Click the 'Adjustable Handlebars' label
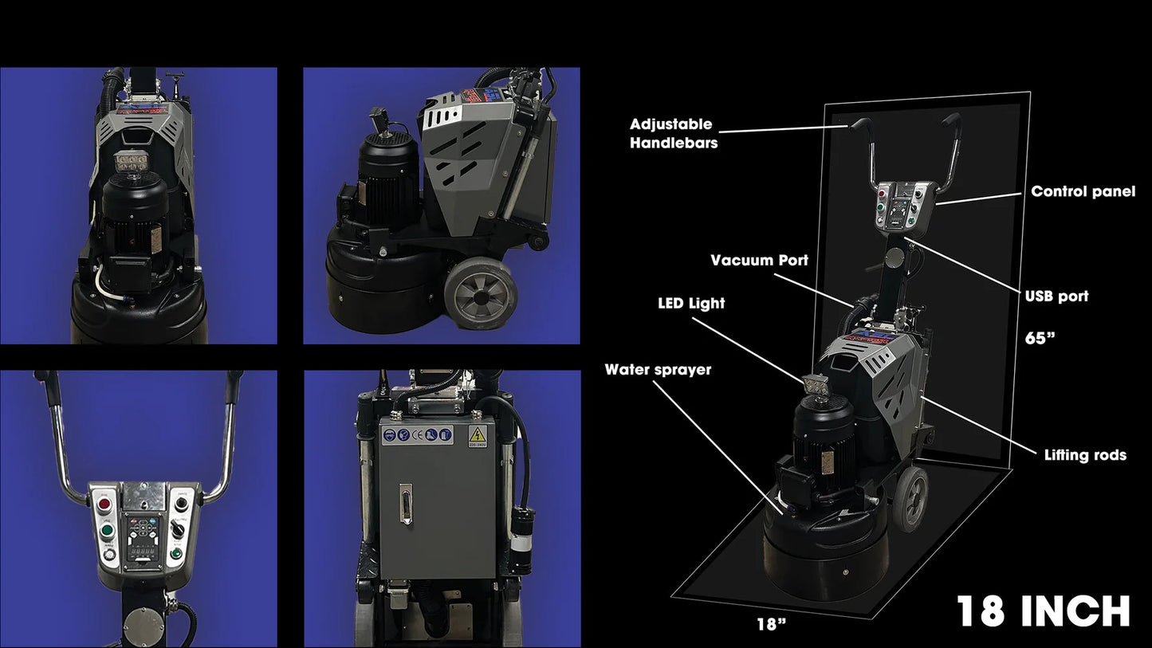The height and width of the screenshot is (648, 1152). pos(674,133)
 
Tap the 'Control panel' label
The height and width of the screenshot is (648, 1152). pos(1083,191)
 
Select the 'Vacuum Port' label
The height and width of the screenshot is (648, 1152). pos(759,260)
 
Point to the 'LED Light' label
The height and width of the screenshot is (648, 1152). pos(691,304)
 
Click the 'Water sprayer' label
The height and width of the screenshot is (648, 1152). pos(658,370)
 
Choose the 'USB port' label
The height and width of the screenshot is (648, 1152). pos(1057,297)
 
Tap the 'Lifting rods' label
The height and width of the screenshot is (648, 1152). pos(1085,455)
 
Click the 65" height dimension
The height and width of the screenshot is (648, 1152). pos(1040,338)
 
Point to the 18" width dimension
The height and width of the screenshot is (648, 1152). pos(772,624)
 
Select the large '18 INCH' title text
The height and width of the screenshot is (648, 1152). pos(1043,611)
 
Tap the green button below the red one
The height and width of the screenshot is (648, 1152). pos(107,531)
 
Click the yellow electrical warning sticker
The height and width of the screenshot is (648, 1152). pos(478,437)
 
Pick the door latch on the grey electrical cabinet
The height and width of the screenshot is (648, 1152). pos(405,504)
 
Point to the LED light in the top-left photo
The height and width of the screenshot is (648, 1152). pos(132,163)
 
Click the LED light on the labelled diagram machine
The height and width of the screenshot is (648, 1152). pos(816,384)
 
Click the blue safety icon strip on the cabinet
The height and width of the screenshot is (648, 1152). pos(417,436)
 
